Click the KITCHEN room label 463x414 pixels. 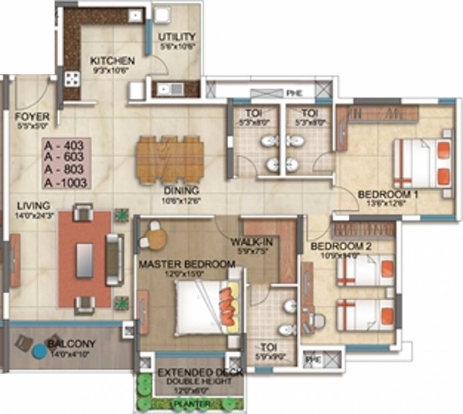[112, 60]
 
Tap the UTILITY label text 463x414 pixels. [176, 37]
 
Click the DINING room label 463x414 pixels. [182, 190]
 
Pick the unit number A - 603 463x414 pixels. [67, 157]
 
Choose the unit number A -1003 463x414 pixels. [67, 183]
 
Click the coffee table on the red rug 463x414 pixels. [84, 260]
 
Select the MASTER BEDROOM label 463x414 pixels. [187, 264]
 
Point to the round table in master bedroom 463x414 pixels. [155, 240]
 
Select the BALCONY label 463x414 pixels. [71, 343]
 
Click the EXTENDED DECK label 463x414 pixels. [200, 372]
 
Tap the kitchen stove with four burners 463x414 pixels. [72, 80]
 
